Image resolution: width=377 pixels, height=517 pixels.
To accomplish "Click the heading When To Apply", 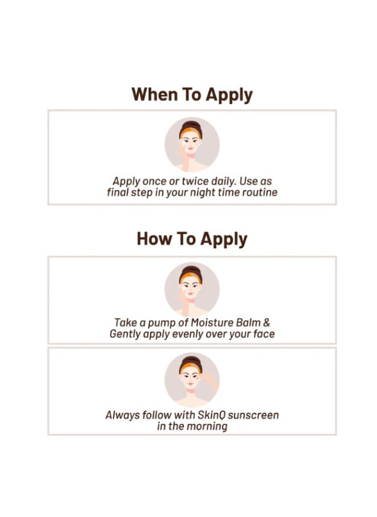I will click(192, 94).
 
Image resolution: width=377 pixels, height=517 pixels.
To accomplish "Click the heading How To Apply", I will click(192, 238).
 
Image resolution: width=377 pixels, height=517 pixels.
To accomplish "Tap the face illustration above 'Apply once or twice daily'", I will click(192, 145).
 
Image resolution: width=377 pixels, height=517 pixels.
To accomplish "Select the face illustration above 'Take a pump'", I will click(192, 289).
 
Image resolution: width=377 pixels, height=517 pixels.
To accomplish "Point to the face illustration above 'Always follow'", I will click(192, 379).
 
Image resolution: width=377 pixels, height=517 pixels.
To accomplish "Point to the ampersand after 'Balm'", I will click(266, 323).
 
